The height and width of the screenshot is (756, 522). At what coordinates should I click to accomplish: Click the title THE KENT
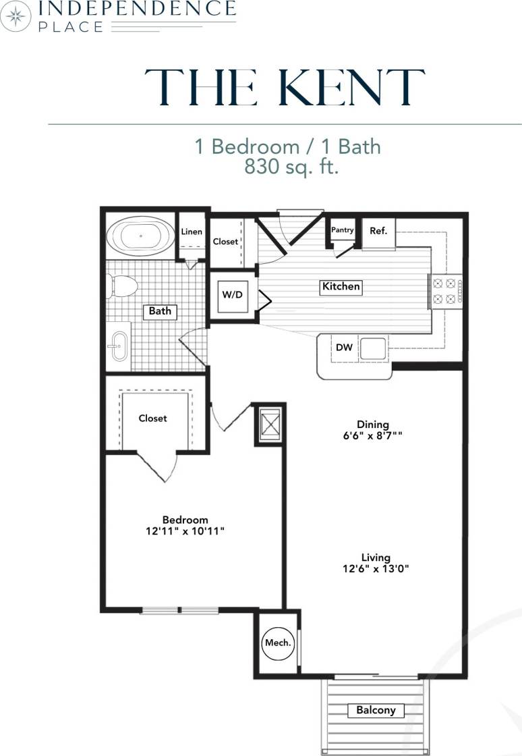coord(284,88)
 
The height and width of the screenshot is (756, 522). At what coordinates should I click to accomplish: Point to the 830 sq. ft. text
coord(291,167)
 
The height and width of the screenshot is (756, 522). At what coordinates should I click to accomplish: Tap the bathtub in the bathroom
coord(140,237)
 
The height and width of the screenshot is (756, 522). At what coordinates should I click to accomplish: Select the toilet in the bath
coord(121,286)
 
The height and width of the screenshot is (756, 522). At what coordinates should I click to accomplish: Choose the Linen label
coord(192,232)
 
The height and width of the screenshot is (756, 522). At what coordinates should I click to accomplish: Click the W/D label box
coord(233,295)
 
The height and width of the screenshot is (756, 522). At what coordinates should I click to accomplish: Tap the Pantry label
coord(343,230)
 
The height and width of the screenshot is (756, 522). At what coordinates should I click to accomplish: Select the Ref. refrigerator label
coord(378,231)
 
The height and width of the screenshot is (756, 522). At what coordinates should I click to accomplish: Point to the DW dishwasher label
coord(344,348)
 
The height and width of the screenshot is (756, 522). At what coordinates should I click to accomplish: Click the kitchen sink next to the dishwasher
coord(372,348)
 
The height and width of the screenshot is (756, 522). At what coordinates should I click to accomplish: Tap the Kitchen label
coord(341,286)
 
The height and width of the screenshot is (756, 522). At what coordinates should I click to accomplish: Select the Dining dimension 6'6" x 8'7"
coord(374,436)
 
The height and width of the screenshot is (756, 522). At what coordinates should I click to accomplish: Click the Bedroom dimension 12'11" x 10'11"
coord(185,531)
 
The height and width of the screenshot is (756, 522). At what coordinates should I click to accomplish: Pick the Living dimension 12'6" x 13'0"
coord(376,568)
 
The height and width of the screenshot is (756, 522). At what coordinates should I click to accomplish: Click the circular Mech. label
coord(278,643)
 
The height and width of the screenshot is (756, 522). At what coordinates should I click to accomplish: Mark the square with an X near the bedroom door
coord(269,425)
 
